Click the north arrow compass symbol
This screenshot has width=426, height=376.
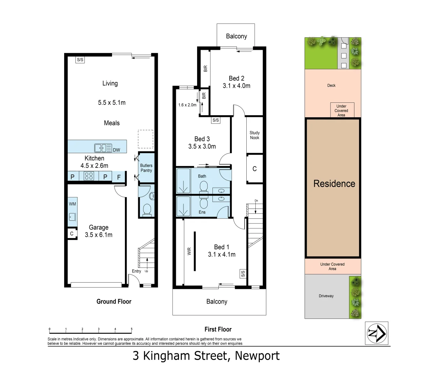(376, 333)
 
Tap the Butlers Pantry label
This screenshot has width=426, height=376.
(146, 168)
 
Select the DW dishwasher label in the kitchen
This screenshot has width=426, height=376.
(117, 150)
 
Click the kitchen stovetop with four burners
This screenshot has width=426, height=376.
(89, 177)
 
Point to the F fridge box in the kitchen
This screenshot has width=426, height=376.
(119, 177)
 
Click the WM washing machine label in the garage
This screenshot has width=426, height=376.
(72, 204)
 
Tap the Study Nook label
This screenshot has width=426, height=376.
(254, 135)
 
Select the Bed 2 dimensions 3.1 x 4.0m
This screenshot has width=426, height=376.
(236, 86)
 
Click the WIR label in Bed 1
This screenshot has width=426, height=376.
(189, 251)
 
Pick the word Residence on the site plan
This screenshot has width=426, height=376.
(334, 183)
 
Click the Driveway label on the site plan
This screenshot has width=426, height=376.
(326, 296)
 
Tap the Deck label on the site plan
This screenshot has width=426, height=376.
(331, 85)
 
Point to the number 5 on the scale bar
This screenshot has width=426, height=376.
(132, 329)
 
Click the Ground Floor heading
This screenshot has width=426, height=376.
(114, 301)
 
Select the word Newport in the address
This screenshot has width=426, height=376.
(257, 356)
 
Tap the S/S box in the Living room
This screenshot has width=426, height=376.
(80, 60)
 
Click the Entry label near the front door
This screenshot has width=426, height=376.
(136, 271)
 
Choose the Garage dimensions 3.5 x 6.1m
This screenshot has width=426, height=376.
(98, 235)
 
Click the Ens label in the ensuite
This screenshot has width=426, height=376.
(202, 212)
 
